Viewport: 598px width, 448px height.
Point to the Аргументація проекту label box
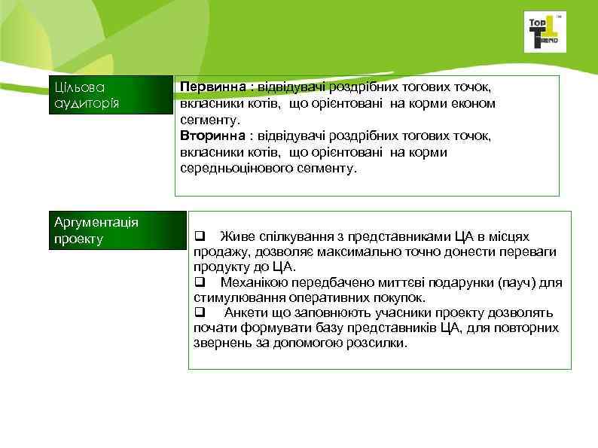[117, 231]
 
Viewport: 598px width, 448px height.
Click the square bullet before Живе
[200, 236]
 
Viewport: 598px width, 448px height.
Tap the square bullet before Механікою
[200, 283]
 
